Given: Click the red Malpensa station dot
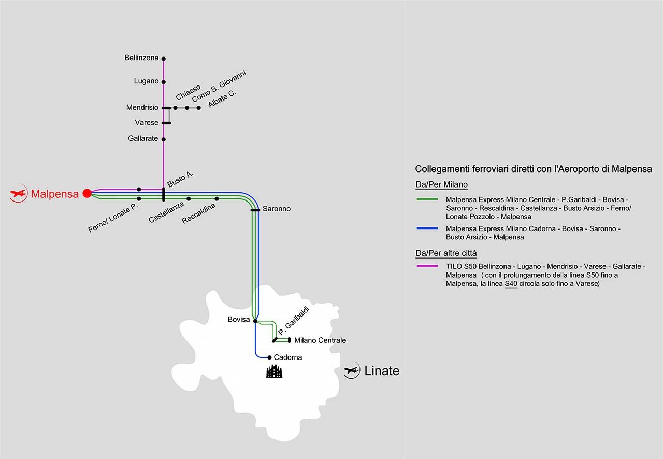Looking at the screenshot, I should (87, 193).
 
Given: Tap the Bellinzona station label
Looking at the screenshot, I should (141, 58).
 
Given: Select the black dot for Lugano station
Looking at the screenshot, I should (164, 82).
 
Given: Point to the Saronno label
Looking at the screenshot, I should (277, 209).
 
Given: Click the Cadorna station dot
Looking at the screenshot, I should (269, 357).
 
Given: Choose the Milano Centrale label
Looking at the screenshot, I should (320, 340).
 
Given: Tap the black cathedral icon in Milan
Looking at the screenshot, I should (274, 371).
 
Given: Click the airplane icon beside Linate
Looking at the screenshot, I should (352, 371).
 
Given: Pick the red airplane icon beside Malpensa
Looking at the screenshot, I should (18, 194).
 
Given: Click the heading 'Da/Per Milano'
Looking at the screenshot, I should (441, 184).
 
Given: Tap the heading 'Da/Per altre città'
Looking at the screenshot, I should (446, 253).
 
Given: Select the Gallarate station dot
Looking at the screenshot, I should (164, 139).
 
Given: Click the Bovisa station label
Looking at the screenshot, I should (239, 320).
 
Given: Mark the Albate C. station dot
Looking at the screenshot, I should (199, 108).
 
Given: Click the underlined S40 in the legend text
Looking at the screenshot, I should (511, 284).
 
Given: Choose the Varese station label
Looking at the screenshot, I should (147, 123).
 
